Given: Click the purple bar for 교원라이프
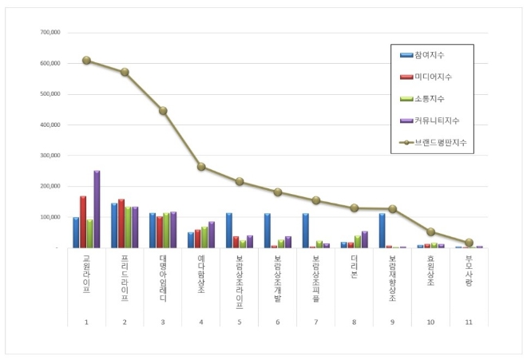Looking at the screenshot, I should click(97, 209).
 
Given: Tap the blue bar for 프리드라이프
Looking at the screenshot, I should click(114, 225).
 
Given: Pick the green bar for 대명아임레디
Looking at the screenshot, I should click(166, 231).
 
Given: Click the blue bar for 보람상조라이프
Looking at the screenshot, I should click(229, 230).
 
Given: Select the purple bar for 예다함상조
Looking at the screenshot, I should click(212, 235).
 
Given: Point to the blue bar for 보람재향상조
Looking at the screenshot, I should click(382, 230).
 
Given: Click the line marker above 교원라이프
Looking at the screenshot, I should click(86, 60).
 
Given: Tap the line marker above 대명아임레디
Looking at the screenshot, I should click(163, 111).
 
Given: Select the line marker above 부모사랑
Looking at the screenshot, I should click(470, 243).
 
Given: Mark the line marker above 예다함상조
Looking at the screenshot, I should click(201, 167).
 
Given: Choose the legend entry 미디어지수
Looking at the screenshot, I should click(431, 77).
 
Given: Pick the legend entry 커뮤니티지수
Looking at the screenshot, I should click(436, 121).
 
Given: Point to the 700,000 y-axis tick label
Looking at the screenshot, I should click(50, 33).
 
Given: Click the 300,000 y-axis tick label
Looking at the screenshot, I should click(50, 156).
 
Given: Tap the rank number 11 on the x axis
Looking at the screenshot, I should click(469, 322).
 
